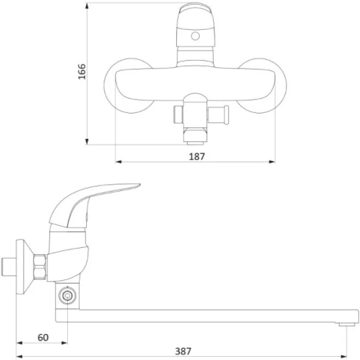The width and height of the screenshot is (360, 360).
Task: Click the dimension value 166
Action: pos(82,72)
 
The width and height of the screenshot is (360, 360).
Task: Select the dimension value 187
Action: pos(196,157)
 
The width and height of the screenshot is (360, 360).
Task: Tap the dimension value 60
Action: pos(43,337)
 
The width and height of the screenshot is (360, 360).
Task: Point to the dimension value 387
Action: pos(183,351)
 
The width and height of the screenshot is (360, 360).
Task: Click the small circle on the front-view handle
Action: pos(195,36)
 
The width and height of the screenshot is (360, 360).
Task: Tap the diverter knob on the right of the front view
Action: pos(218,115)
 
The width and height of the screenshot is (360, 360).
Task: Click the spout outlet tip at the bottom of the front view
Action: pos(195,143)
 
